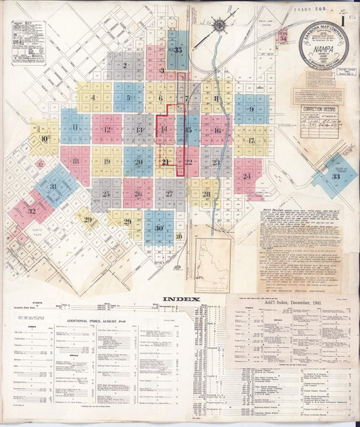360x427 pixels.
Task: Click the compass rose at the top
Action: pos(219,26)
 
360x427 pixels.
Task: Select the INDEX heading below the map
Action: pos(180,299)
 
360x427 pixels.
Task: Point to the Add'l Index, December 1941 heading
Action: pos(289,309)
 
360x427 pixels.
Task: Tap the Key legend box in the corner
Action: pos(28,42)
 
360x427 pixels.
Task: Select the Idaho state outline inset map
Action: pos(211,257)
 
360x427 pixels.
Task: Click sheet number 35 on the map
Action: pos(178,50)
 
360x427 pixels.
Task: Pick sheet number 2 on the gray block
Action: pos(125,66)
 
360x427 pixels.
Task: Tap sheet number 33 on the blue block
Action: pos(336,176)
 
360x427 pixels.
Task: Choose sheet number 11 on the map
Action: pos(75,127)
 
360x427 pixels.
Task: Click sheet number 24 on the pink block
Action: pos(247,176)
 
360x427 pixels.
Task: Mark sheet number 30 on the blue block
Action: pos(159,228)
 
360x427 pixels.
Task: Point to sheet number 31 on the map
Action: pos(53,186)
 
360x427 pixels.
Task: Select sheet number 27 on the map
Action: pos(170,194)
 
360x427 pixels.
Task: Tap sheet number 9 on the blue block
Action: pos(251,109)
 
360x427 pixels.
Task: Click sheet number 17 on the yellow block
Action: pos(251,141)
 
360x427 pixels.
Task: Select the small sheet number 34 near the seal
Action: pos(283,39)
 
